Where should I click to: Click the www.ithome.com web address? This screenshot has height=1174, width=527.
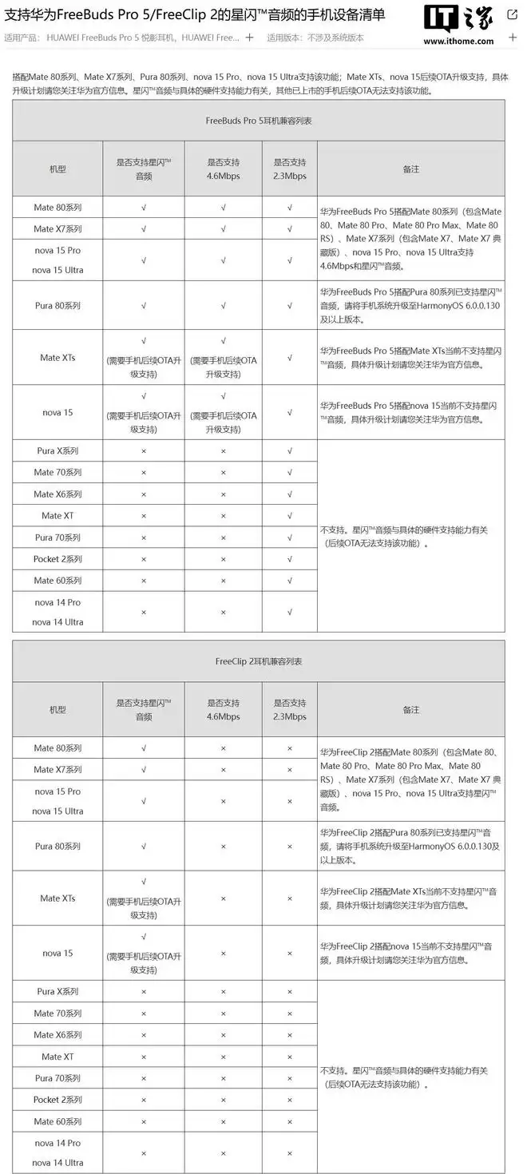(x=458, y=41)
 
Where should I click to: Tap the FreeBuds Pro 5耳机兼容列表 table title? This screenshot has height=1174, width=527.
(x=258, y=121)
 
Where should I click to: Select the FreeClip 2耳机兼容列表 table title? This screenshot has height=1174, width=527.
(x=258, y=661)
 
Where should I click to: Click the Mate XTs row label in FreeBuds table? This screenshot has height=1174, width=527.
(x=57, y=358)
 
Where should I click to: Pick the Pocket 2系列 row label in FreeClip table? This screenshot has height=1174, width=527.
(x=57, y=1100)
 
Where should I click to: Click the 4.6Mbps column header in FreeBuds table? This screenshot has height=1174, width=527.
(x=223, y=169)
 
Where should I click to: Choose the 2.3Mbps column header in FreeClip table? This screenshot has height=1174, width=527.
(x=290, y=710)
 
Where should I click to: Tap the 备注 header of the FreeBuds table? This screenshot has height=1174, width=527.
(x=410, y=169)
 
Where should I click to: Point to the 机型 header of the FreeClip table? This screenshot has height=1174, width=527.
(x=57, y=710)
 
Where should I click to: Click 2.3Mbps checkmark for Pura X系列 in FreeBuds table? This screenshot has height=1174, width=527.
(x=290, y=451)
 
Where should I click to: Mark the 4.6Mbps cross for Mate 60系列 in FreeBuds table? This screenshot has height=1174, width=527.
(x=223, y=581)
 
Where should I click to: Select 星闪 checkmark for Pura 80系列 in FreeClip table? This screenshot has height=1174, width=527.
(x=144, y=847)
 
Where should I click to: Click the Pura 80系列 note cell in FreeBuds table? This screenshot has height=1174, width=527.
(x=410, y=306)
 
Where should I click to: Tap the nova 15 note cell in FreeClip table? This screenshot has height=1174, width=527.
(x=410, y=953)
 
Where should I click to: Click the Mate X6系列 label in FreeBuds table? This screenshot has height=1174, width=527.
(x=57, y=494)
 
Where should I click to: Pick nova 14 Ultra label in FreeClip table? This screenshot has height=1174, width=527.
(x=57, y=1163)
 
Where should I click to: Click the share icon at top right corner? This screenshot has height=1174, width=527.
(x=511, y=14)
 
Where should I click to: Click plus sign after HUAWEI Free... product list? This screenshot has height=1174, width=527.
(x=250, y=37)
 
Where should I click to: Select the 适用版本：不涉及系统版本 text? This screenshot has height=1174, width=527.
(x=315, y=38)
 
